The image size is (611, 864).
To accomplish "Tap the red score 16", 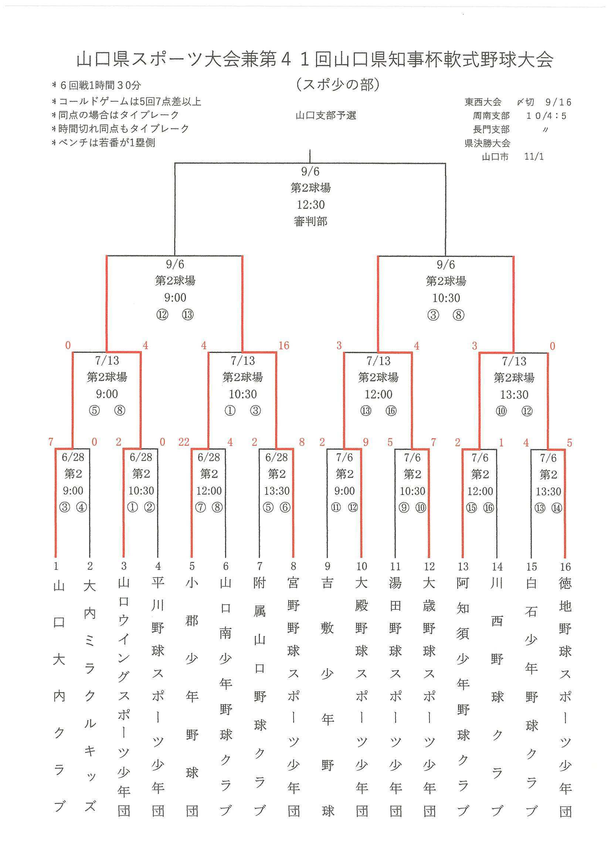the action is tap(284, 346).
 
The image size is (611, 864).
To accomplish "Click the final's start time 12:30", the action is tap(310, 205).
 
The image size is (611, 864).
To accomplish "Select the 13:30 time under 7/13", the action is tap(514, 394).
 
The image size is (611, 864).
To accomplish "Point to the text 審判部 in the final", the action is tap(310, 221).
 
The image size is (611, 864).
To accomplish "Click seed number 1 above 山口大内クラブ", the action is tap(56, 566).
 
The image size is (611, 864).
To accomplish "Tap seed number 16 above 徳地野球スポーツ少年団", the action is tap(565, 567).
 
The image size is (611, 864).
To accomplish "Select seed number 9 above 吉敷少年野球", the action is tap(327, 566).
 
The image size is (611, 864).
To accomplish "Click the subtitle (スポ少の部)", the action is tap(338, 85).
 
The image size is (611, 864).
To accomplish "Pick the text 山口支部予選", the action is tap(326, 115).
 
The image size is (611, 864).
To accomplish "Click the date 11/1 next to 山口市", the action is tap(534, 157).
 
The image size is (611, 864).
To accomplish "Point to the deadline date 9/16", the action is tap(558, 102).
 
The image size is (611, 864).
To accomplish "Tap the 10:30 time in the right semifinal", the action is tap(446, 298).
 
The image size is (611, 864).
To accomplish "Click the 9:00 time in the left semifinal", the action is tap(175, 297).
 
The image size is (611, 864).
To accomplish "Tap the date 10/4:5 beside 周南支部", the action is tap(546, 116).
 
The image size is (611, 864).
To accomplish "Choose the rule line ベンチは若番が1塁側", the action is tap(104, 143).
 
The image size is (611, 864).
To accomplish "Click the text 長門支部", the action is tap(491, 129).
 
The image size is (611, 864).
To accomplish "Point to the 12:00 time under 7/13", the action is tap(379, 394).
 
